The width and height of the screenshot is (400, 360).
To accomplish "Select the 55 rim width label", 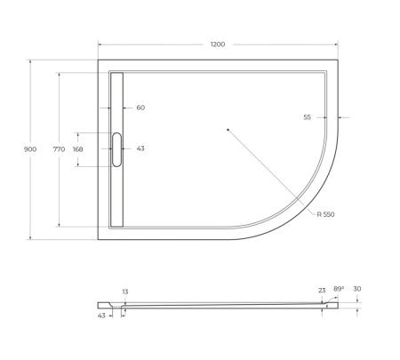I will click(x=306, y=116).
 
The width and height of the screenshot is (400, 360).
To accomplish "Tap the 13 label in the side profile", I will click(x=125, y=292).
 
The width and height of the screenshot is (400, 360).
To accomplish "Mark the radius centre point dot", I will click(x=228, y=131).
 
